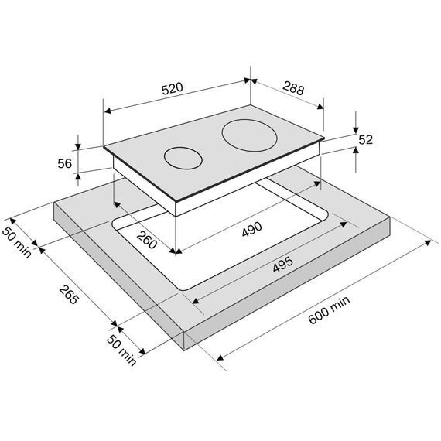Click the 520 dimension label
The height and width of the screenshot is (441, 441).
172,88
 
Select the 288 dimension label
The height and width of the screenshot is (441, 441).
293,88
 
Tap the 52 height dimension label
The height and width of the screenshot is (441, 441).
366,140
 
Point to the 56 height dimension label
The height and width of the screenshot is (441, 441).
65,163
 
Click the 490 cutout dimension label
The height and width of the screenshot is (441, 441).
252,229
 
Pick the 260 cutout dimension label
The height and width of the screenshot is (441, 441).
146,240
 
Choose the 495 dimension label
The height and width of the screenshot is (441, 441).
283,265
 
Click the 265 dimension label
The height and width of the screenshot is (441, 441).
68,295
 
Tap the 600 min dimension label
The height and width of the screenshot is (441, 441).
329,309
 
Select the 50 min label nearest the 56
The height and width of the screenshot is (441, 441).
16,242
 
